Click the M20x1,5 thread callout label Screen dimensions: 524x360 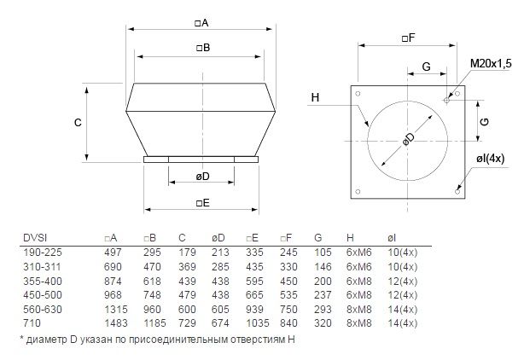point(491,64)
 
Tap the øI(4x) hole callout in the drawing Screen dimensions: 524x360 point(490,159)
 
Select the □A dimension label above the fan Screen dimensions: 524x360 point(201,23)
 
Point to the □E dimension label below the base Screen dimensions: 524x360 point(203,203)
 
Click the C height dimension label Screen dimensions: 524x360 point(78,123)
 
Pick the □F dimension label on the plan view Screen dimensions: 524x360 point(408,38)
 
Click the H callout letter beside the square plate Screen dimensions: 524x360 point(315,97)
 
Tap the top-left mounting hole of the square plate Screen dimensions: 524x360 point(358,94)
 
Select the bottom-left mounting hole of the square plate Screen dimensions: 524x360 point(358,192)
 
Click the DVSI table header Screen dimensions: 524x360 point(35,238)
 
